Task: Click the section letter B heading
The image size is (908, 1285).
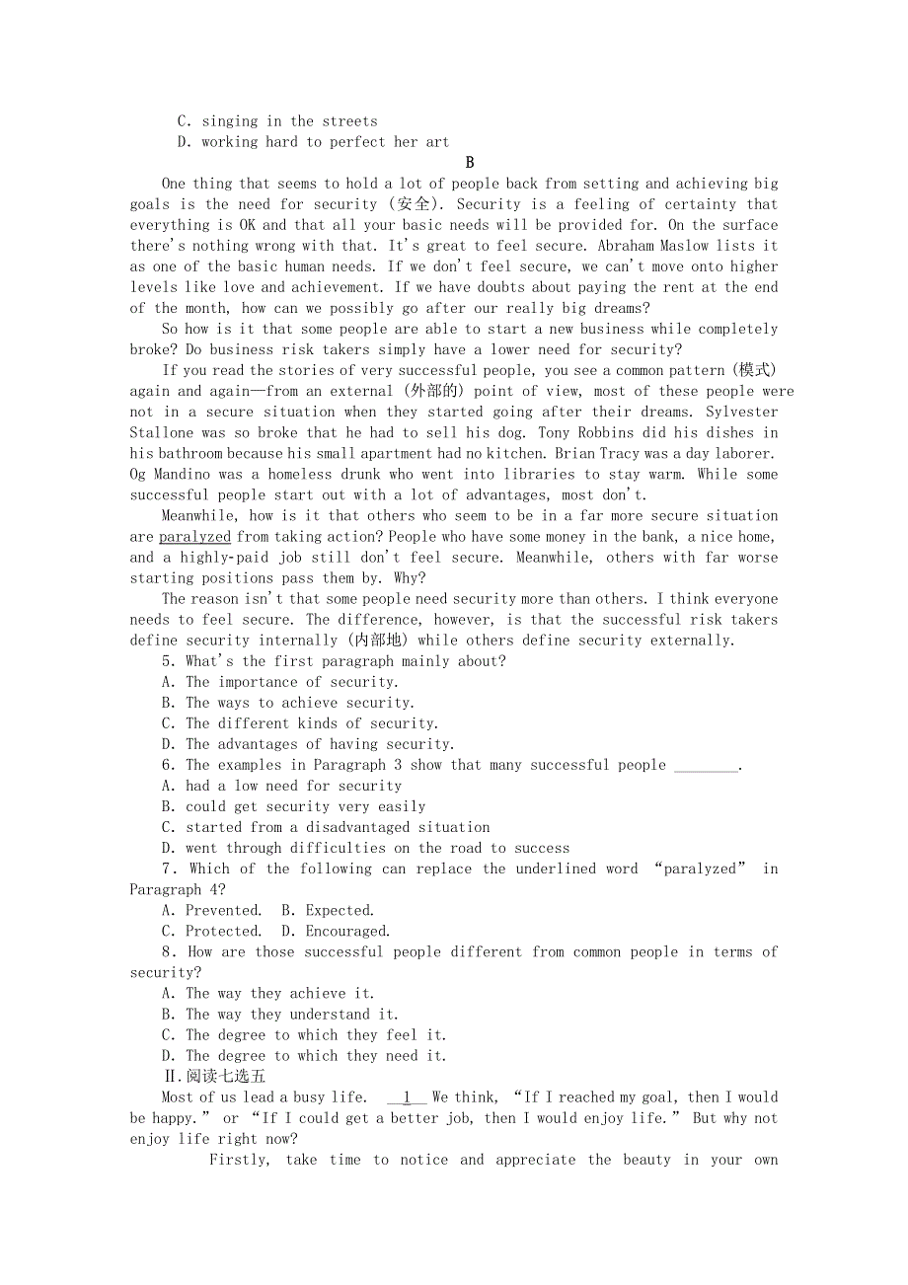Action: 470,163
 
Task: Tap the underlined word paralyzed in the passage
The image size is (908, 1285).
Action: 194,537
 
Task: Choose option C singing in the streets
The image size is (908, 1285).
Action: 277,121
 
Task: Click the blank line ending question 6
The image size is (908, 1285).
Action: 706,766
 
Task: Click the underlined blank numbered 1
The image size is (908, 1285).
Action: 407,1097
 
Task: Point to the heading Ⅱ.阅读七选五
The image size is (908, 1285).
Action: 214,1077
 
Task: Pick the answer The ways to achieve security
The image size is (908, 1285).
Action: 299,703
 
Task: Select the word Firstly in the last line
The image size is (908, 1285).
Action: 238,1160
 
